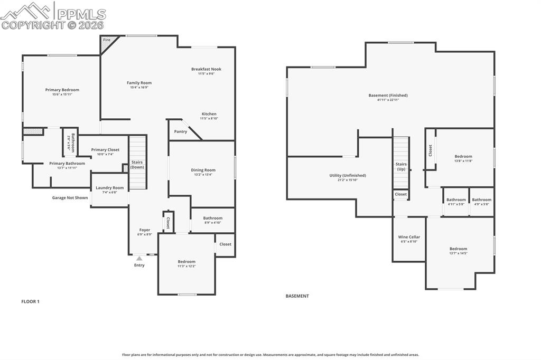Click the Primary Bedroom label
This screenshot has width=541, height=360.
pyautogui.click(x=62, y=90)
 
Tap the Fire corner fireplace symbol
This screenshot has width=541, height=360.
pyautogui.click(x=107, y=41)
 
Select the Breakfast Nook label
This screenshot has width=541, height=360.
pyautogui.click(x=206, y=69)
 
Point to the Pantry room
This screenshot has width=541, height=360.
pyautogui.click(x=181, y=131)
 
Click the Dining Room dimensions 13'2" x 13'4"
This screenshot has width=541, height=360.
pyautogui.click(x=203, y=175)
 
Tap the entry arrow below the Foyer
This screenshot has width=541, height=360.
pyautogui.click(x=139, y=258)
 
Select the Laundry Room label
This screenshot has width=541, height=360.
pyautogui.click(x=109, y=188)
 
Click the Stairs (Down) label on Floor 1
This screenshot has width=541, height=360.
pyautogui.click(x=137, y=165)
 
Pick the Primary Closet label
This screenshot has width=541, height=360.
pyautogui.click(x=105, y=150)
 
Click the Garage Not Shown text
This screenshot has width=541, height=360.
pyautogui.click(x=70, y=198)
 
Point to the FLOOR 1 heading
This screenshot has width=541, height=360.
pyautogui.click(x=30, y=301)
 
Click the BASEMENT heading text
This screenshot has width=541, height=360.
pyautogui.click(x=297, y=296)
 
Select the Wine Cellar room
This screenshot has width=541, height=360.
pyautogui.click(x=409, y=239)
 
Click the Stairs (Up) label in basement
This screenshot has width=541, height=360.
pyautogui.click(x=401, y=167)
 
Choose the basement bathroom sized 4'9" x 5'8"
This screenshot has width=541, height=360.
pyautogui.click(x=481, y=202)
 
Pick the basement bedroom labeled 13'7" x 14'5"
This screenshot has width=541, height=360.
pyautogui.click(x=458, y=251)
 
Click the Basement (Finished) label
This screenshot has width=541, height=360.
pyautogui.click(x=388, y=96)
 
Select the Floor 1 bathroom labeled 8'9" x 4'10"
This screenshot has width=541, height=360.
pyautogui.click(x=212, y=220)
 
